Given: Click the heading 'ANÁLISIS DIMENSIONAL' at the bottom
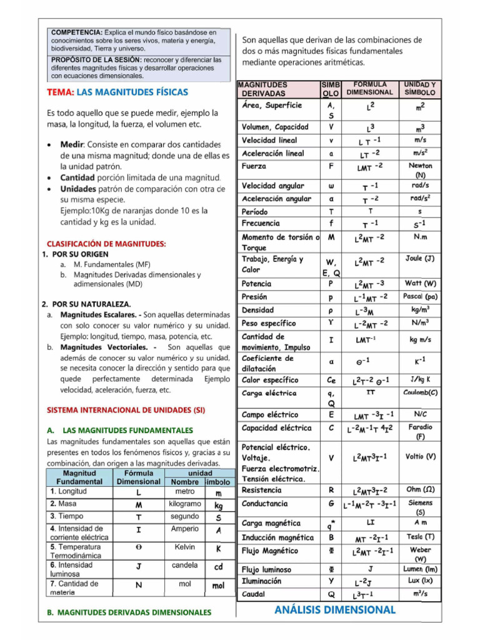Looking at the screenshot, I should pos(334,609).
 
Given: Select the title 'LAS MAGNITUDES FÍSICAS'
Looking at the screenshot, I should pos(132,92).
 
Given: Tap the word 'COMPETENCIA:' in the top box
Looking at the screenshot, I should pos(76,32).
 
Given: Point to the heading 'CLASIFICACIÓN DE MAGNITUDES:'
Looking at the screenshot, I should pos(106,243).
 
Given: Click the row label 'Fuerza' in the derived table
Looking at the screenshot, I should pos(254,167).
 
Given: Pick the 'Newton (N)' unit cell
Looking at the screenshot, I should pos(420,171).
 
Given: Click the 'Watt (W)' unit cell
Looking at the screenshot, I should pos(421,283).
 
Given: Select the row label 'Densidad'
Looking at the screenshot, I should pos(257,310).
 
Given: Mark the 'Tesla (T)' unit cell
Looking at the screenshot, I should pos(421,536).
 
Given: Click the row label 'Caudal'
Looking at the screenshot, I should pos(252,594).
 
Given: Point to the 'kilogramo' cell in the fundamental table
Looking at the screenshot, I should pos(184,503).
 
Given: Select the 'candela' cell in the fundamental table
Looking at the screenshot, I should pos(184,564).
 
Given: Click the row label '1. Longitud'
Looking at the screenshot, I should pos(69,491).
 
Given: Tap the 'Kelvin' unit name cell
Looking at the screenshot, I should pos(185,547).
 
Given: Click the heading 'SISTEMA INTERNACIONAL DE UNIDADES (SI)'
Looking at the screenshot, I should pos(118,411).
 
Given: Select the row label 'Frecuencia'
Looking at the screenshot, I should pos(261,223).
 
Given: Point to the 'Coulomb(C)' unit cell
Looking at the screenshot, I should pos(421,392).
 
